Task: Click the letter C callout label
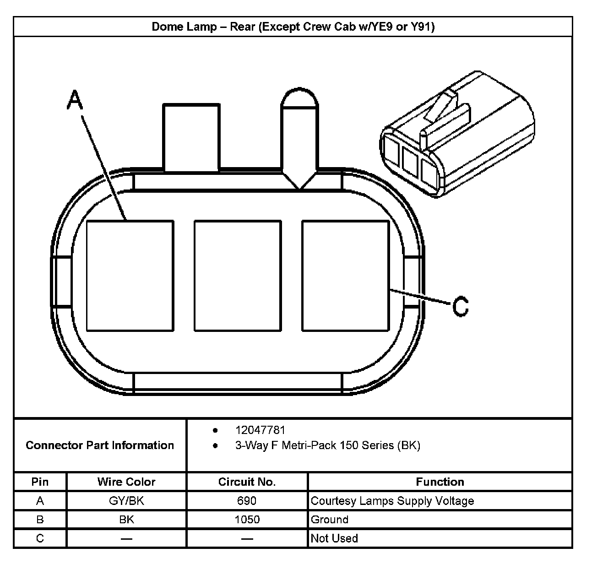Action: (x=461, y=306)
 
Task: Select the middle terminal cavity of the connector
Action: (x=238, y=276)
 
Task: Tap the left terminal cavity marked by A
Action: (x=130, y=276)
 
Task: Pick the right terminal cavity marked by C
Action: (x=345, y=276)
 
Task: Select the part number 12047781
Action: (x=260, y=430)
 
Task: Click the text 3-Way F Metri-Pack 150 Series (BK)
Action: (x=327, y=445)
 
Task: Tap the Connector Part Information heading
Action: (x=100, y=445)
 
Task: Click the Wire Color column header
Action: (x=126, y=482)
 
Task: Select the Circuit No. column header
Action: (x=247, y=482)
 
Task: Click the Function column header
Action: (x=440, y=482)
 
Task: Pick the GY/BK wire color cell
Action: (x=126, y=501)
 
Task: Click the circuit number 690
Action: (x=247, y=501)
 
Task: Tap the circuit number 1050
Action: (x=247, y=520)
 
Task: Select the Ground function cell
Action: (x=330, y=520)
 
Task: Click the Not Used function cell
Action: (x=334, y=538)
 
